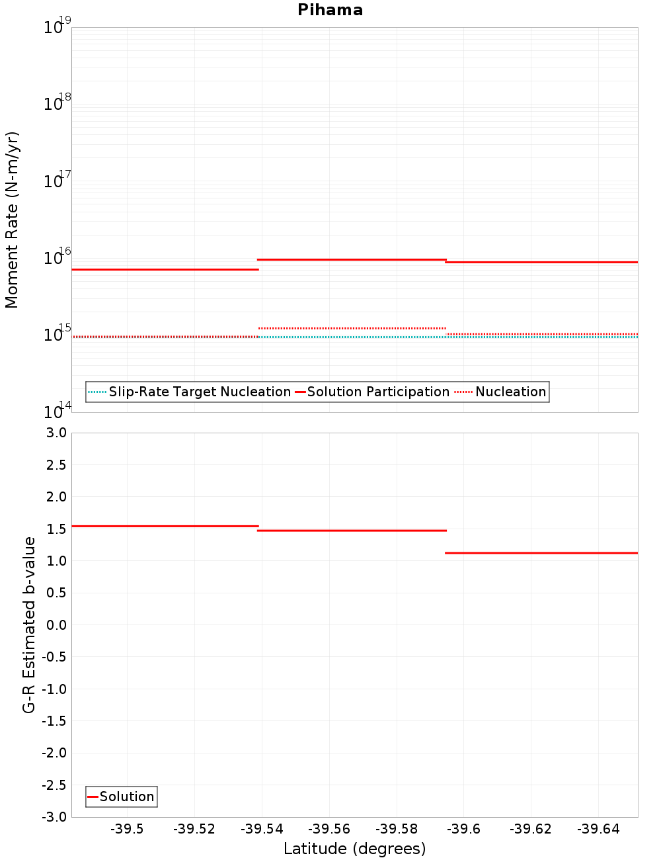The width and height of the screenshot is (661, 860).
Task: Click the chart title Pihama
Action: [330, 10]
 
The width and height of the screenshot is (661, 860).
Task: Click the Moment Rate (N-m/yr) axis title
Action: [12, 220]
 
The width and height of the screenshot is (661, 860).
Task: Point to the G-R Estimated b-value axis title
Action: [29, 624]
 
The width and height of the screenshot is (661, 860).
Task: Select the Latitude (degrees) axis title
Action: [354, 849]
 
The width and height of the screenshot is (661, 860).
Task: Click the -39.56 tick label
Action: [329, 829]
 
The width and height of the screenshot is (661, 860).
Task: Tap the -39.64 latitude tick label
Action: [598, 829]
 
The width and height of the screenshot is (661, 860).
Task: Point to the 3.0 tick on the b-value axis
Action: [56, 433]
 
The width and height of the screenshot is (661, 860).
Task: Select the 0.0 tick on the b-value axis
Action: [56, 624]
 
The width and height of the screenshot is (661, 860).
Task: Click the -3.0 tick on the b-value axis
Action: [54, 817]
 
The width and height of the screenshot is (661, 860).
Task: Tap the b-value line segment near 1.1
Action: [541, 552]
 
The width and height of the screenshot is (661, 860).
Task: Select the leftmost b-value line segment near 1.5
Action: [165, 526]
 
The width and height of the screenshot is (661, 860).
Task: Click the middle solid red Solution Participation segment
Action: [352, 259]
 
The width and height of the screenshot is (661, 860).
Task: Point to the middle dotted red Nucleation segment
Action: [352, 328]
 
